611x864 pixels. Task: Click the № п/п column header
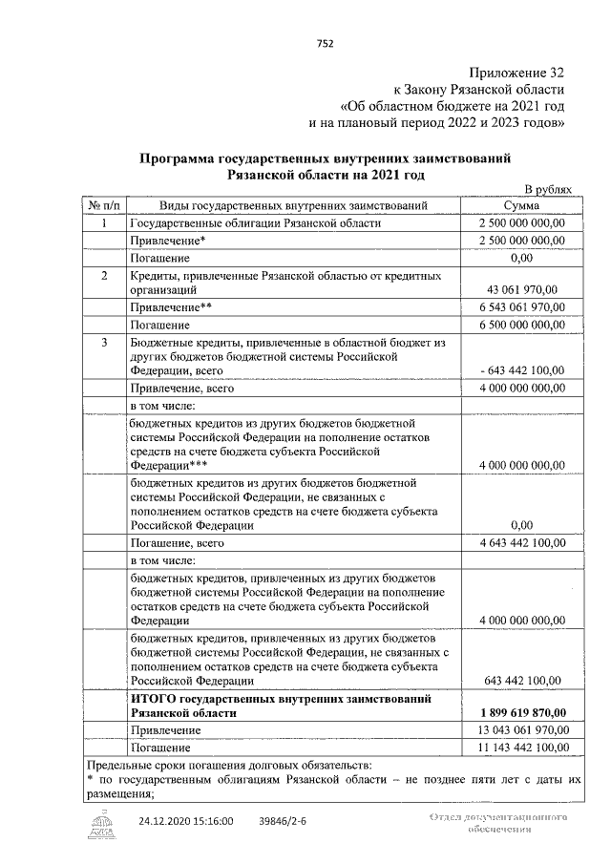pyautogui.click(x=104, y=205)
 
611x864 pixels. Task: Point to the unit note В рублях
pyautogui.click(x=549, y=189)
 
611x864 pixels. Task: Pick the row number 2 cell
pyautogui.click(x=104, y=275)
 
